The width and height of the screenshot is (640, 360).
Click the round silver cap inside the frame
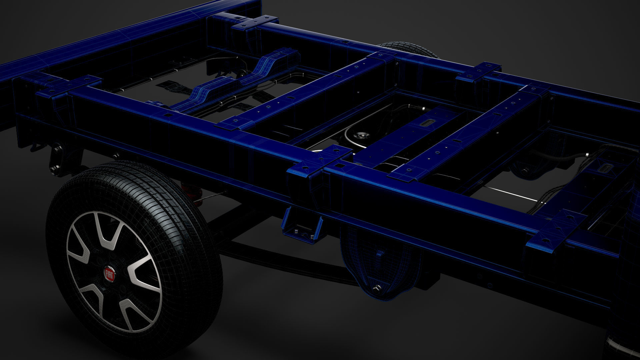pos(360,136)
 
